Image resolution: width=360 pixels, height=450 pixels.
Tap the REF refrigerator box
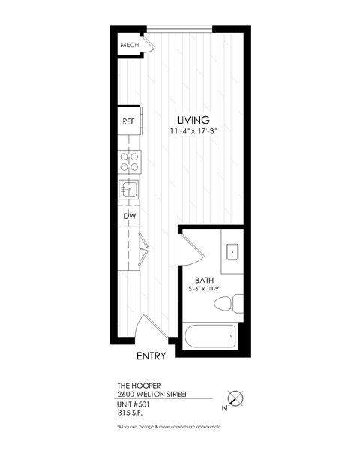click(x=128, y=121)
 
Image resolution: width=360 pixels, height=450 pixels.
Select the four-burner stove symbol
click(x=129, y=161)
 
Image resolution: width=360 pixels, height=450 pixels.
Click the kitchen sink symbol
click(x=129, y=187)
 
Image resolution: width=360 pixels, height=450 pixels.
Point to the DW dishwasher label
click(x=128, y=217)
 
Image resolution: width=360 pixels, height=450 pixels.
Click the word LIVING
click(x=193, y=120)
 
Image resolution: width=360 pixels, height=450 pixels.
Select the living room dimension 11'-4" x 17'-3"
click(x=193, y=132)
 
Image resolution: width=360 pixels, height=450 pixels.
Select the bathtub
click(x=210, y=334)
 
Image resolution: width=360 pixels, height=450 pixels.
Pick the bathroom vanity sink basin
click(x=232, y=250)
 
